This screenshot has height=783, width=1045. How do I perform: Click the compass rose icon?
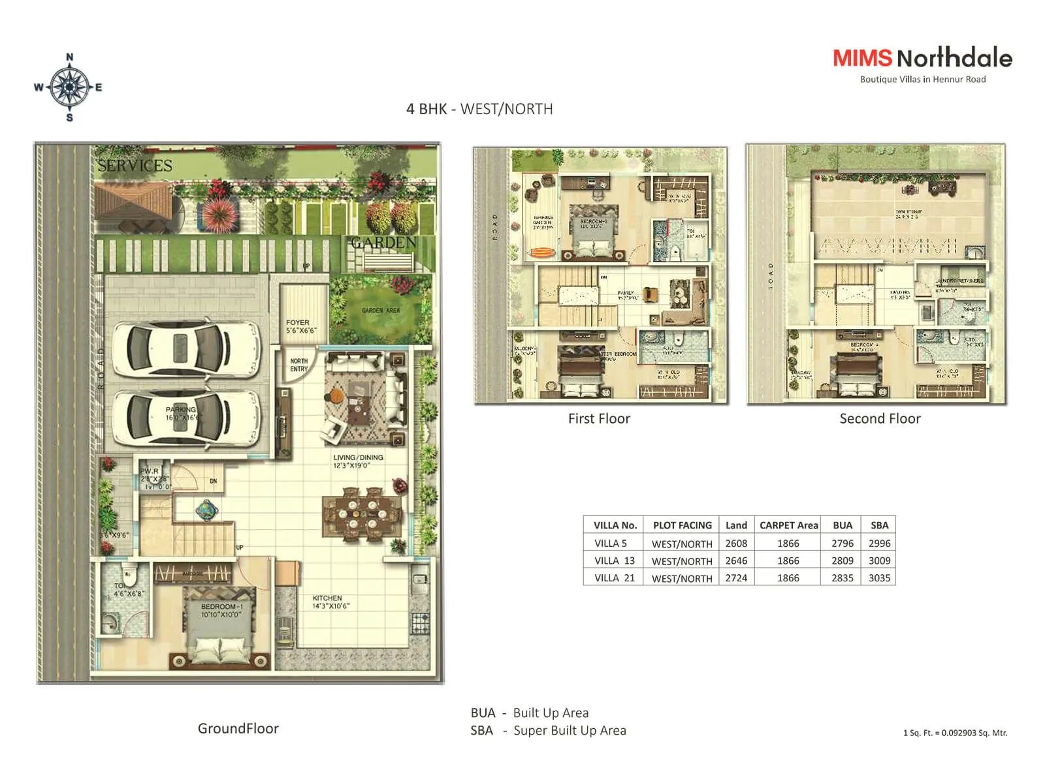[69, 87]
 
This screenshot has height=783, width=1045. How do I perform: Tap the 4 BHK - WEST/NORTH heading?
[479, 109]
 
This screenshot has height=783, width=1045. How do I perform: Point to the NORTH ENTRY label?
[299, 365]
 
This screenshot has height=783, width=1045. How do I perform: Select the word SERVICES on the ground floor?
[135, 166]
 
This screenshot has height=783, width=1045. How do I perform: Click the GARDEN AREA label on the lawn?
[381, 311]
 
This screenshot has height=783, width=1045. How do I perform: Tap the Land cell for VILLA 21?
[736, 578]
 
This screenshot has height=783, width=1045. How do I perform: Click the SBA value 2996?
[879, 544]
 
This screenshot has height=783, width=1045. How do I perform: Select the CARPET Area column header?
[788, 525]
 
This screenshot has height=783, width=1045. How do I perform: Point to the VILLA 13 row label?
[614, 560]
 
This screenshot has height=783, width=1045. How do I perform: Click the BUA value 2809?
[842, 560]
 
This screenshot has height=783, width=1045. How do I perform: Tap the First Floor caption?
[599, 419]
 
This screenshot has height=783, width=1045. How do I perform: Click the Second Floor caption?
[880, 419]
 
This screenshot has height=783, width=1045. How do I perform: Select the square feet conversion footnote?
[955, 733]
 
